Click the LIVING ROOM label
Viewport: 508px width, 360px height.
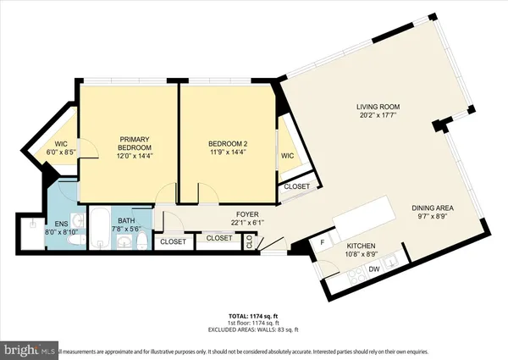(x=377, y=107)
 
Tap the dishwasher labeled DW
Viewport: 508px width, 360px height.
(x=372, y=269)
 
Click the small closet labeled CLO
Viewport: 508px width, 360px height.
(x=250, y=240)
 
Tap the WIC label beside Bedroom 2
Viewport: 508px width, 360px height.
(x=288, y=156)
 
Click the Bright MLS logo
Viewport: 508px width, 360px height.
(x=30, y=349)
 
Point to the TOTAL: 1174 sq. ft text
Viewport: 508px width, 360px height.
(x=253, y=317)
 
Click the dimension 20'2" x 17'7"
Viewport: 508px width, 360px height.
(x=377, y=117)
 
